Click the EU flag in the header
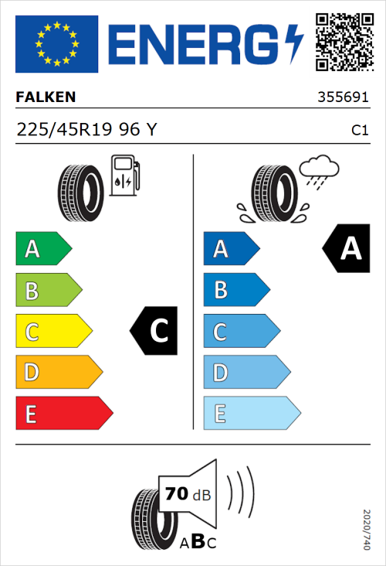point(56,44)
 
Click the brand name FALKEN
point(46,97)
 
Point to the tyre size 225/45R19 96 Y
point(86,130)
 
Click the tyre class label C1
point(360,131)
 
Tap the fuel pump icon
point(124,175)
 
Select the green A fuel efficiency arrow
point(42,249)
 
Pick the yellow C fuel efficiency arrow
point(52,332)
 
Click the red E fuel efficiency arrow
point(63,414)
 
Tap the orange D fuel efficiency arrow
point(58,373)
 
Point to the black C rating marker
point(156,332)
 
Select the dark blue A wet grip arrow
point(230,249)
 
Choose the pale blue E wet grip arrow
point(250,414)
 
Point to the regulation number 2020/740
point(367,529)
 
